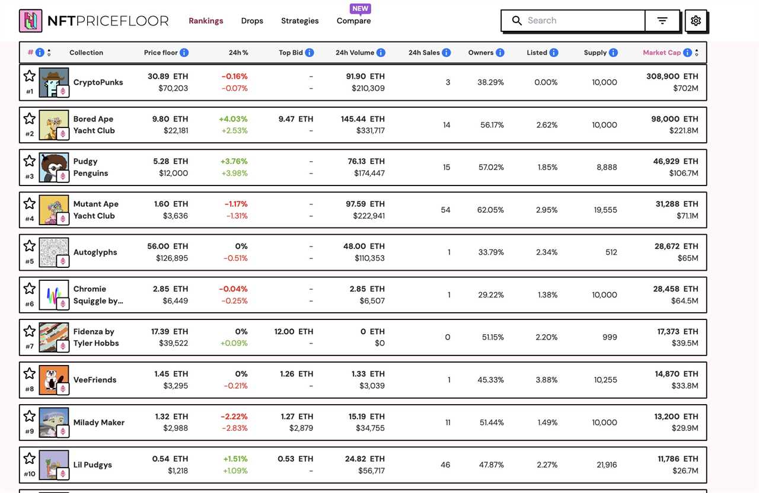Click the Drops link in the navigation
pos(252,21)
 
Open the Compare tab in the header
pos(353,21)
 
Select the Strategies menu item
pos(299,21)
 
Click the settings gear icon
pos(696,21)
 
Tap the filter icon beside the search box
pos(662,21)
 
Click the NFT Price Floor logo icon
pos(30,21)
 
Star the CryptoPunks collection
pos(30,76)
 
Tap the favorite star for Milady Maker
pos(30,416)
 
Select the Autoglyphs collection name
pos(95,252)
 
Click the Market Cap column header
pos(662,53)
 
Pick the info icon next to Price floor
pos(184,53)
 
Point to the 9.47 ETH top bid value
pos(295,119)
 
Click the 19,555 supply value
pos(605,210)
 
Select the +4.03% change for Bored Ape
pos(233,119)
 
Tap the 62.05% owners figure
pos(490,210)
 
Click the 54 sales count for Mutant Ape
pos(445,210)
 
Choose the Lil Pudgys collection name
pos(93,465)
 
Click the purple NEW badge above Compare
pos(361,9)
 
